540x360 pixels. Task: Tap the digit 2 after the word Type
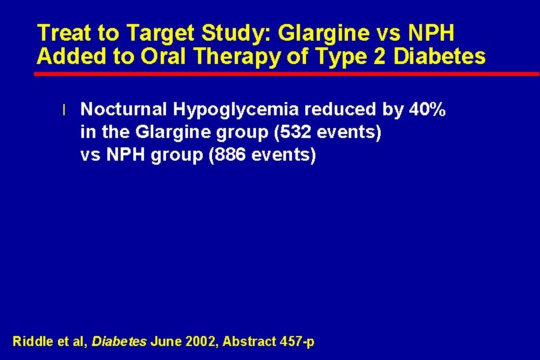(x=381, y=57)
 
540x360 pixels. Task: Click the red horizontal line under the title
(x=287, y=73)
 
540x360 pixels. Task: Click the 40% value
(x=429, y=110)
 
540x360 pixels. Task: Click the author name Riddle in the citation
(x=31, y=342)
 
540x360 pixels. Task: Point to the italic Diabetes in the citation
(x=119, y=342)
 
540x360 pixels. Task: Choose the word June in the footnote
(x=165, y=342)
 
